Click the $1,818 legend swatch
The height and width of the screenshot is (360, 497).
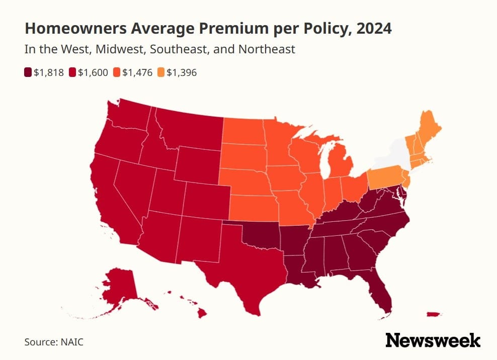[x=28, y=72]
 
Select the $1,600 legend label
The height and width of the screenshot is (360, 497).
[x=93, y=72]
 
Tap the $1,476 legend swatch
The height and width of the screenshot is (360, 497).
[x=117, y=72]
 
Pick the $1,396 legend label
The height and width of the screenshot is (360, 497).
[x=182, y=72]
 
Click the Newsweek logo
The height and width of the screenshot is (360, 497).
[x=433, y=340]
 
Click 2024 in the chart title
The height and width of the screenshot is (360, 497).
[x=374, y=28]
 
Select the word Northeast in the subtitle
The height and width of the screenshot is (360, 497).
[x=267, y=49]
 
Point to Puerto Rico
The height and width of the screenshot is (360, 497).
[x=433, y=314]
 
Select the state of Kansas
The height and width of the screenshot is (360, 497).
[x=254, y=208]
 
